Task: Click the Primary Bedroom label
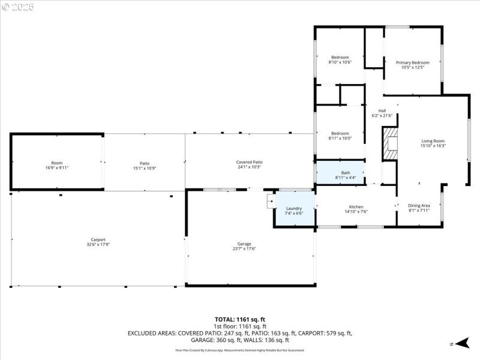coord(412,62)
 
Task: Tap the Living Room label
coord(433,140)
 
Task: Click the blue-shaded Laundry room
coord(294,211)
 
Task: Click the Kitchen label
coord(356,206)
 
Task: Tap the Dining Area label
coord(419,205)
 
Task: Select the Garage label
coord(244,244)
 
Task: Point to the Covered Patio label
coord(249,162)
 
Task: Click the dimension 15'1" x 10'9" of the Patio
coord(144,168)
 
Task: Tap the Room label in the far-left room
coord(56,163)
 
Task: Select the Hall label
coord(382,110)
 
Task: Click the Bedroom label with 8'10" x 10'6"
coord(340,57)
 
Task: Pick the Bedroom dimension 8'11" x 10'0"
coord(340,138)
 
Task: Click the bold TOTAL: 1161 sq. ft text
coord(240,319)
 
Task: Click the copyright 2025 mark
coord(18,7)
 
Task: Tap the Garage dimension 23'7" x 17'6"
coord(244,248)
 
